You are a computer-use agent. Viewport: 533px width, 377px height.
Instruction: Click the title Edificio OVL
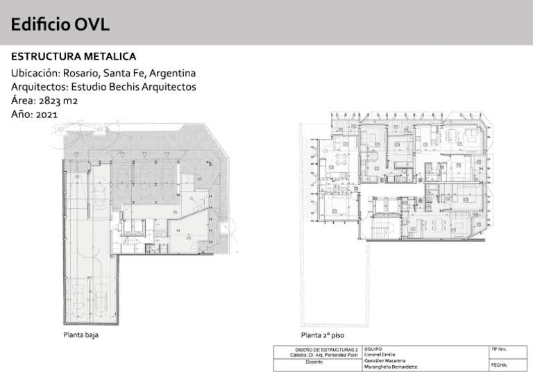pyautogui.click(x=60, y=26)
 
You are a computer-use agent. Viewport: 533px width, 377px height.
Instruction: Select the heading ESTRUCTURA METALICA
pyautogui.click(x=74, y=56)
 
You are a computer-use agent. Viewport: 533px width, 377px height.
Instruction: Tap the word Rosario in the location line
pyautogui.click(x=83, y=73)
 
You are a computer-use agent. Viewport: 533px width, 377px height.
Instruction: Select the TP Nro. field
pyautogui.click(x=499, y=349)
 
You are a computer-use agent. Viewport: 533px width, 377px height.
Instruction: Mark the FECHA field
pyautogui.click(x=499, y=364)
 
